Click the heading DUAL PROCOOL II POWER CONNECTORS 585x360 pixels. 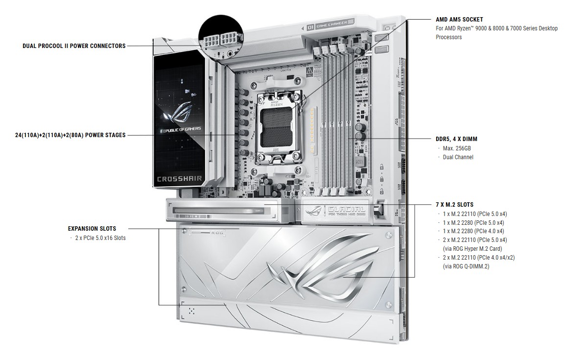point(74,46)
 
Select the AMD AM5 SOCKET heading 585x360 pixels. point(459,20)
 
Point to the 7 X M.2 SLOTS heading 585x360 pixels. point(455,205)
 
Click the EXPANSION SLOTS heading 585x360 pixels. point(92,229)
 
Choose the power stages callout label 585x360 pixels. point(70,135)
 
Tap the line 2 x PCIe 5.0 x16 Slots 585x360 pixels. point(100,238)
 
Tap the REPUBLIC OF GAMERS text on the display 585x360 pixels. point(181,131)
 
